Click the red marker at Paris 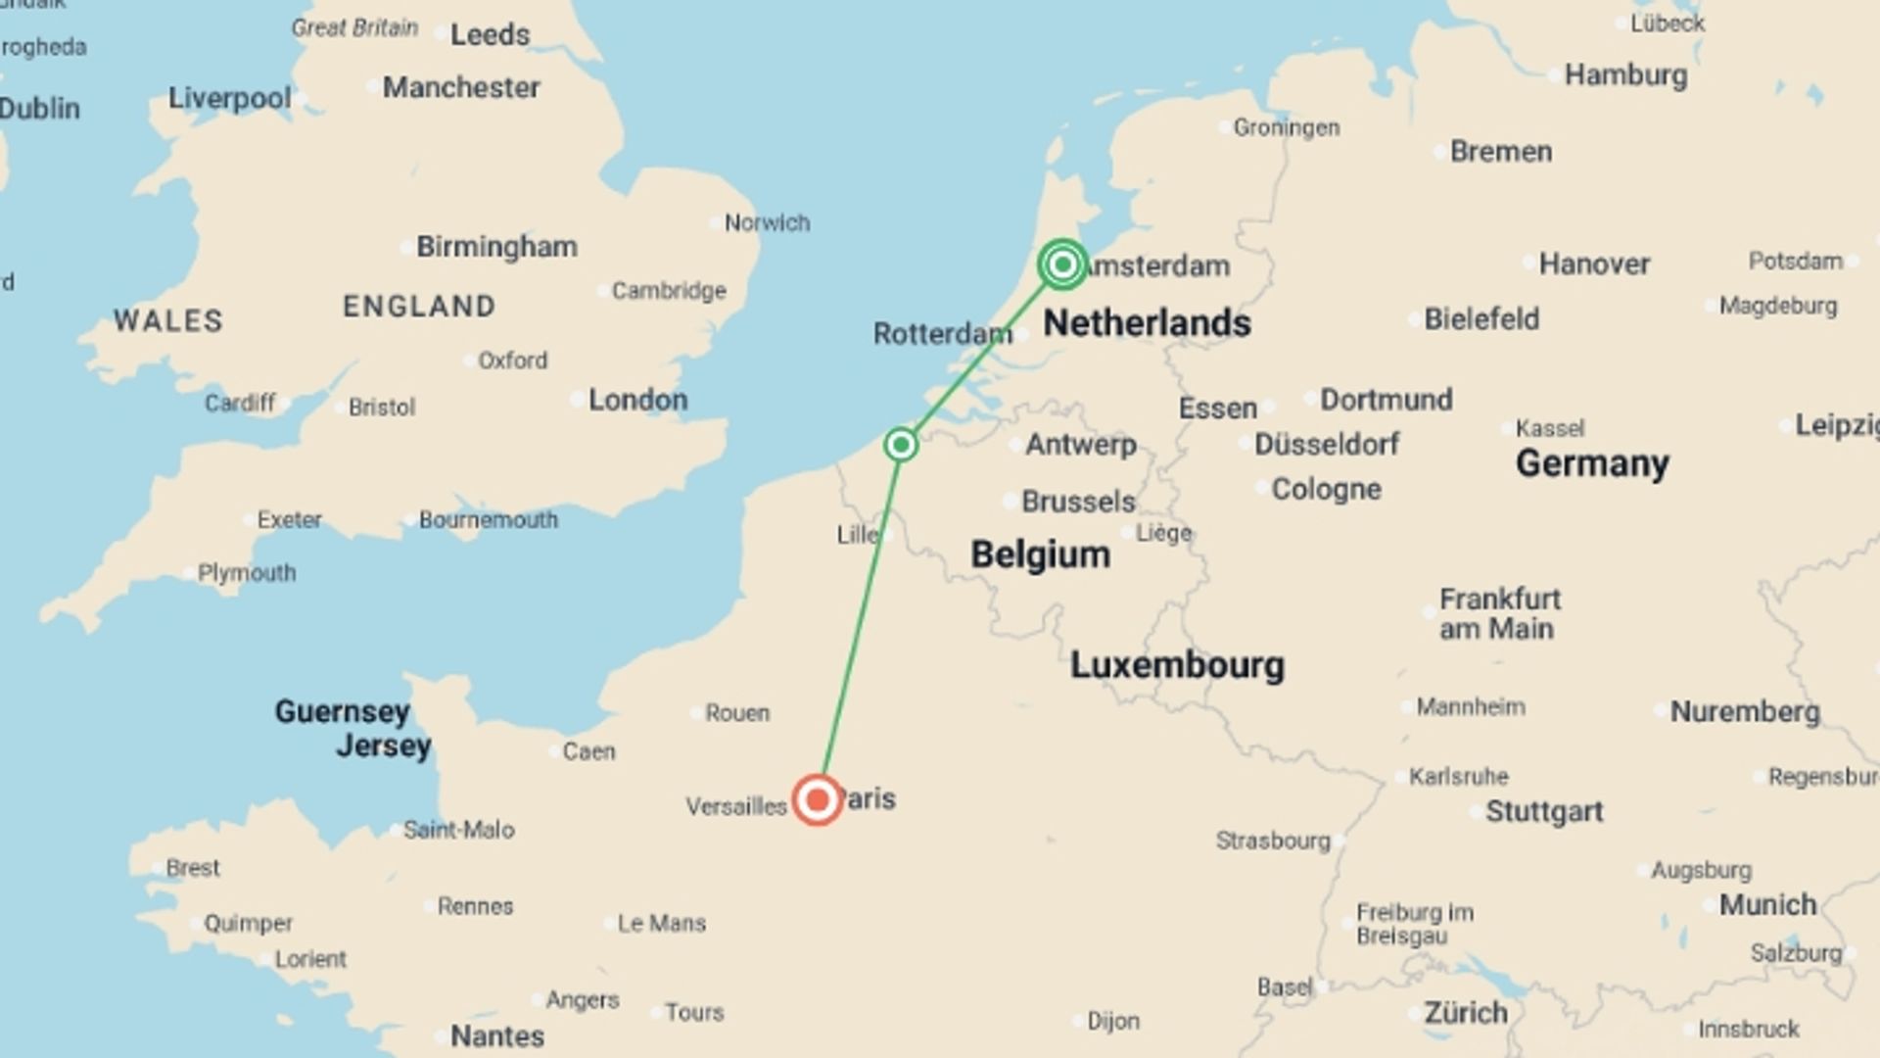[x=817, y=800]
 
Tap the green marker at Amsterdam [x=1062, y=264]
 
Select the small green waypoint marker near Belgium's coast [x=901, y=445]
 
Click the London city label [x=637, y=400]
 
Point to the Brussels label [x=1078, y=502]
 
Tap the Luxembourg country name [x=1177, y=665]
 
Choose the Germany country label [x=1592, y=463]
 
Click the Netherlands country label [x=1147, y=323]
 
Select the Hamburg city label [x=1625, y=75]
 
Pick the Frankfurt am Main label [x=1499, y=614]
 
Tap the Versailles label [x=736, y=807]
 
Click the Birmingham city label [x=496, y=247]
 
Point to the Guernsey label [x=342, y=711]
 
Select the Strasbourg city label [x=1273, y=841]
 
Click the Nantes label [x=496, y=1036]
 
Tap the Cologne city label [x=1326, y=489]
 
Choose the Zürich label [x=1466, y=1013]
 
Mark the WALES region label [x=168, y=321]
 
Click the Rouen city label [x=736, y=713]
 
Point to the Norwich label [x=767, y=223]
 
